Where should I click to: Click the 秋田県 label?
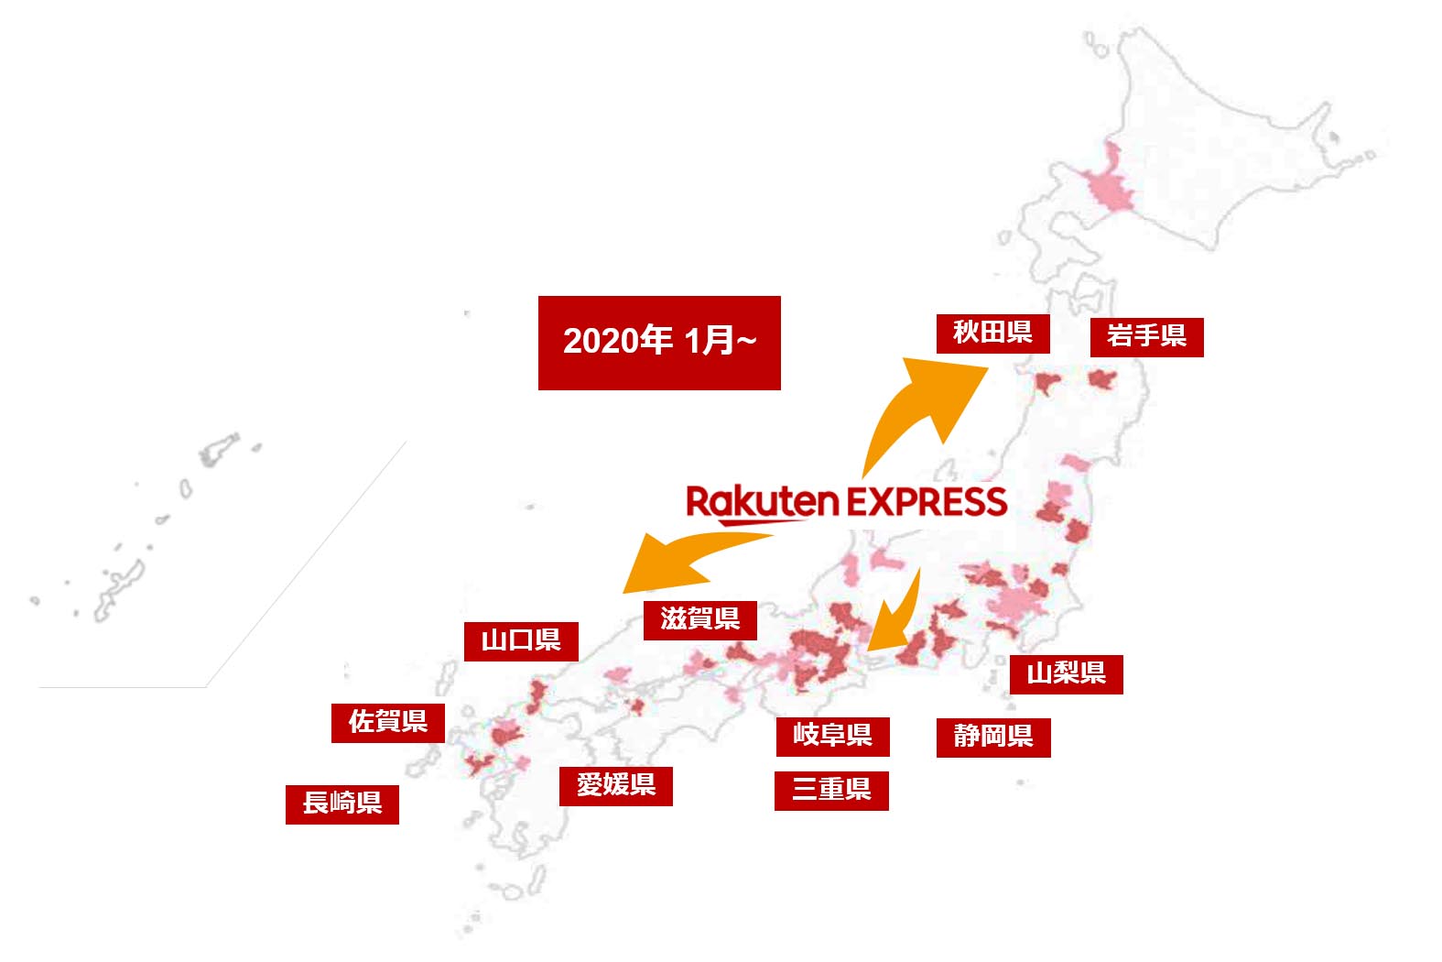[992, 333]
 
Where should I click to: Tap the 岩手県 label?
[1146, 336]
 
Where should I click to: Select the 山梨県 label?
[1066, 673]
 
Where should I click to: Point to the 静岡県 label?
[993, 737]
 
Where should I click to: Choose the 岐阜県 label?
[832, 736]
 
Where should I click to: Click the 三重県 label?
[831, 791]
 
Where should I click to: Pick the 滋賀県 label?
[700, 619]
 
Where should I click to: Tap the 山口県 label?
[521, 640]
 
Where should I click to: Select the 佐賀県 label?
[388, 722]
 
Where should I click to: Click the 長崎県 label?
[342, 803]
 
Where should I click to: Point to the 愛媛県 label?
[616, 785]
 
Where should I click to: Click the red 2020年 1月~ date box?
[659, 342]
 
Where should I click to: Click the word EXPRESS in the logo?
[927, 502]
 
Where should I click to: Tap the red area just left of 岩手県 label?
[1101, 378]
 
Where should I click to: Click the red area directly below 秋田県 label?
[1046, 381]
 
